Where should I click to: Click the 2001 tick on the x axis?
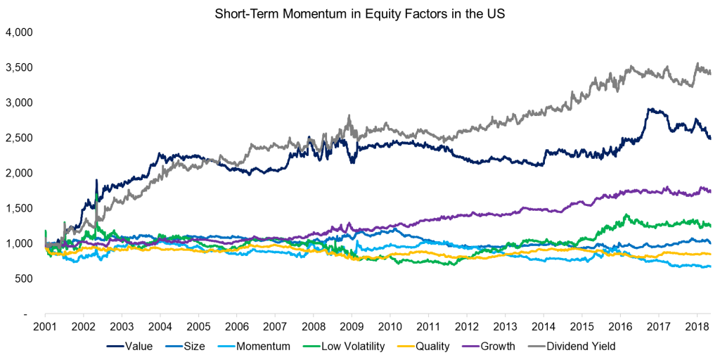pyautogui.click(x=45, y=328)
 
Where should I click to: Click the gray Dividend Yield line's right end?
pyautogui.click(x=710, y=72)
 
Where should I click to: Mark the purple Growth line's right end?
pyautogui.click(x=710, y=191)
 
